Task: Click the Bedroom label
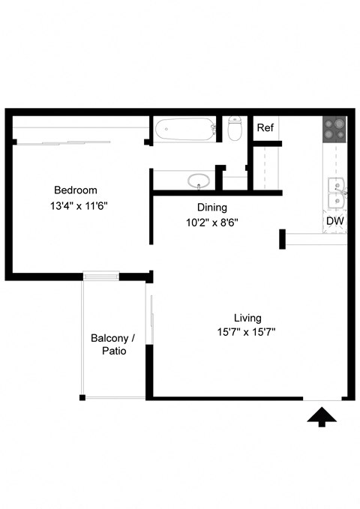[76, 190]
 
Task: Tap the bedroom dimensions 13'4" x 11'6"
[79, 206]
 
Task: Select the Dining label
[211, 208]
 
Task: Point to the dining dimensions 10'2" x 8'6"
[211, 223]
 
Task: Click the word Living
[247, 318]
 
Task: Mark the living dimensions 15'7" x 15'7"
[246, 332]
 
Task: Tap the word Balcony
[109, 339]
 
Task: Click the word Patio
[114, 351]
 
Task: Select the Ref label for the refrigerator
[265, 127]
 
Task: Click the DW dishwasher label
[335, 221]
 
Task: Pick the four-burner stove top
[334, 129]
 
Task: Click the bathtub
[185, 129]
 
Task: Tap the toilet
[235, 128]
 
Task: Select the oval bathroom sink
[198, 181]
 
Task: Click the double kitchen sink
[337, 193]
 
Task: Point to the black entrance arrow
[322, 417]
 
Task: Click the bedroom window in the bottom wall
[101, 276]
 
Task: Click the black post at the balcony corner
[82, 397]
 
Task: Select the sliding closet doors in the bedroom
[63, 142]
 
